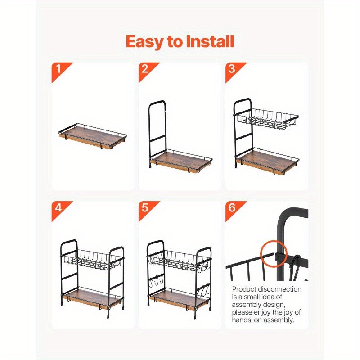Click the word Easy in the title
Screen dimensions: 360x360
coord(144,42)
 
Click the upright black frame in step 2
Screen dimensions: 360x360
coord(157,130)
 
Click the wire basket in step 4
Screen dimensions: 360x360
coord(92,260)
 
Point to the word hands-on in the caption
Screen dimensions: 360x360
coord(247,320)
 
